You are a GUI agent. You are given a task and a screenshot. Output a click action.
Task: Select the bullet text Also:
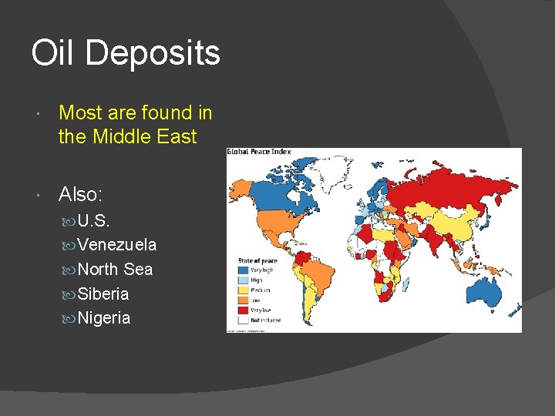(81, 195)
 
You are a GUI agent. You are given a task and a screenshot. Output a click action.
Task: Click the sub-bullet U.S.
(94, 220)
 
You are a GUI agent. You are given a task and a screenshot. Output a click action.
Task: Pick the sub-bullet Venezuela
(117, 245)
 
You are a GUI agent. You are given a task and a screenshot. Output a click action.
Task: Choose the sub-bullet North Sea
(116, 270)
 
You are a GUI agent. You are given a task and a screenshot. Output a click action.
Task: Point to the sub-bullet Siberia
(103, 294)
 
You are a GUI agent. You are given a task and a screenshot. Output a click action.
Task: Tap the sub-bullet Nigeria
(104, 318)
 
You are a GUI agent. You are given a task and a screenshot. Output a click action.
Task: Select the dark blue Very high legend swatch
(243, 270)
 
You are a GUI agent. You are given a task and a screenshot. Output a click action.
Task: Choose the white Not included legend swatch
(243, 319)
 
